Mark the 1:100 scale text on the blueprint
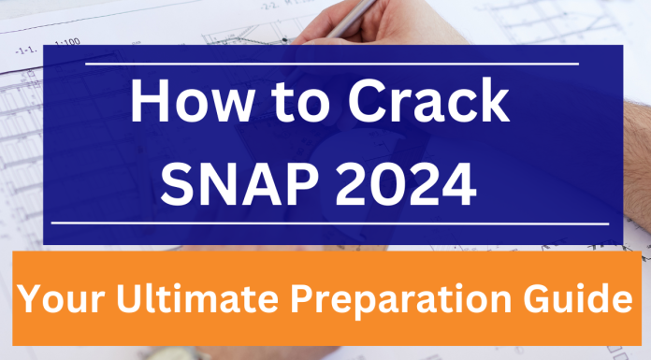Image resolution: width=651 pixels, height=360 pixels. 67,41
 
